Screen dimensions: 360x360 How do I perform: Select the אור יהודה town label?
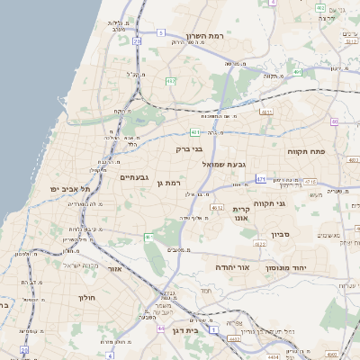coord(231,267)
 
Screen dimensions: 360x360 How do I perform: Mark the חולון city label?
coord(87,297)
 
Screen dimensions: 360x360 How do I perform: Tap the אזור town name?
coord(113,268)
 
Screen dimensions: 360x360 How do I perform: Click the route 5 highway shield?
coord(160,32)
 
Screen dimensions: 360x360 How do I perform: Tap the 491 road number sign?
coord(296,71)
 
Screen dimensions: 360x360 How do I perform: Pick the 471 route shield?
coord(260,179)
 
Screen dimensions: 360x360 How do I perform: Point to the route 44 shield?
coord(160,329)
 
